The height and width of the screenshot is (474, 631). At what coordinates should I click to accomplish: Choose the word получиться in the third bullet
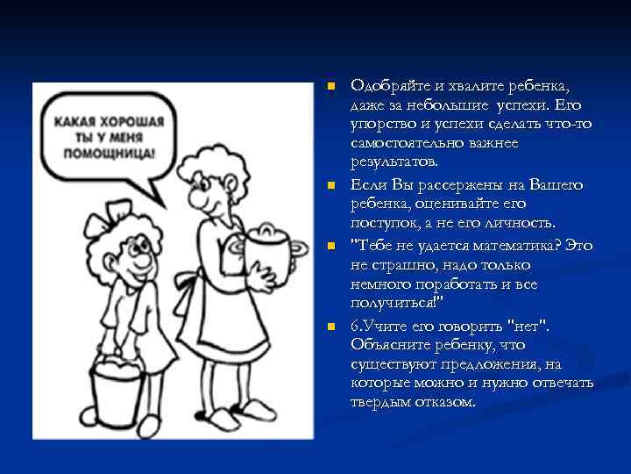[393, 304]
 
